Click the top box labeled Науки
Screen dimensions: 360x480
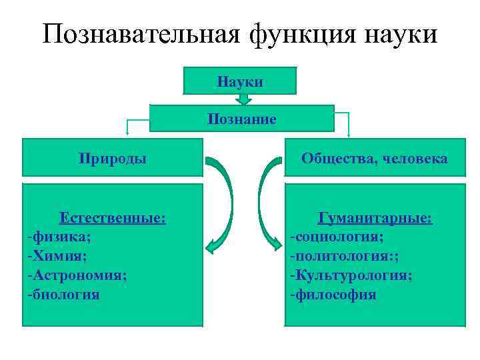tap(240, 81)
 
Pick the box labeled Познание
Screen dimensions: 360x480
tap(241, 119)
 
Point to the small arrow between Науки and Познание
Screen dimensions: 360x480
tap(244, 99)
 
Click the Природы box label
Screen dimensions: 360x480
tap(113, 158)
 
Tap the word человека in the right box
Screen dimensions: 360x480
tap(413, 158)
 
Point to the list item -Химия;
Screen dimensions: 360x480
tap(58, 255)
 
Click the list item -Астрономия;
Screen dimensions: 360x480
tap(77, 275)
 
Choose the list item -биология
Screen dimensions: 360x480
tap(64, 294)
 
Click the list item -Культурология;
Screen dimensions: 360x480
tap(351, 275)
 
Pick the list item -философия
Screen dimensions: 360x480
tap(333, 294)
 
